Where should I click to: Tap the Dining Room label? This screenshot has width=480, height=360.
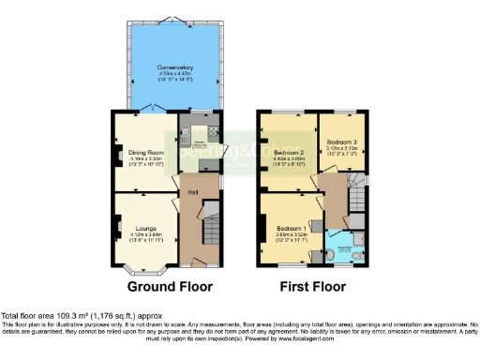click(x=146, y=152)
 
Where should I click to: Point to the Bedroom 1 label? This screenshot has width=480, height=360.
click(x=291, y=228)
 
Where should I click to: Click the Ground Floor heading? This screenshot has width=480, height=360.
click(x=170, y=287)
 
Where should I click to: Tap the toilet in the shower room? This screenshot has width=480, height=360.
click(x=341, y=254)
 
